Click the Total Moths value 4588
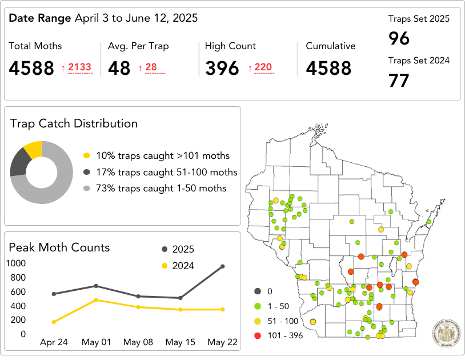click(x=31, y=68)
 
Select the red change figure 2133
click(x=79, y=68)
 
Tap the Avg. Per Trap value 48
click(x=119, y=68)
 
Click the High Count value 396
click(x=222, y=68)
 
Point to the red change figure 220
click(x=263, y=68)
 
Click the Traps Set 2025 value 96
click(x=399, y=39)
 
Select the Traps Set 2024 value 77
click(x=399, y=81)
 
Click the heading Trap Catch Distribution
click(x=74, y=123)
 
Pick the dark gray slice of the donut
click(x=19, y=162)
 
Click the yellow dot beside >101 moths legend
click(x=87, y=155)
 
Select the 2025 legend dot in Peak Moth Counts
click(x=165, y=249)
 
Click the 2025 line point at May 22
click(x=222, y=266)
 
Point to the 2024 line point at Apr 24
click(x=54, y=322)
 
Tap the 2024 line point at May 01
click(x=96, y=300)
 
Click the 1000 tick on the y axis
click(x=16, y=263)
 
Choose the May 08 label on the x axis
click(x=138, y=342)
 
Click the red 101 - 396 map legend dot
click(x=258, y=335)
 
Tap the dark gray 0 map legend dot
click(x=258, y=291)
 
